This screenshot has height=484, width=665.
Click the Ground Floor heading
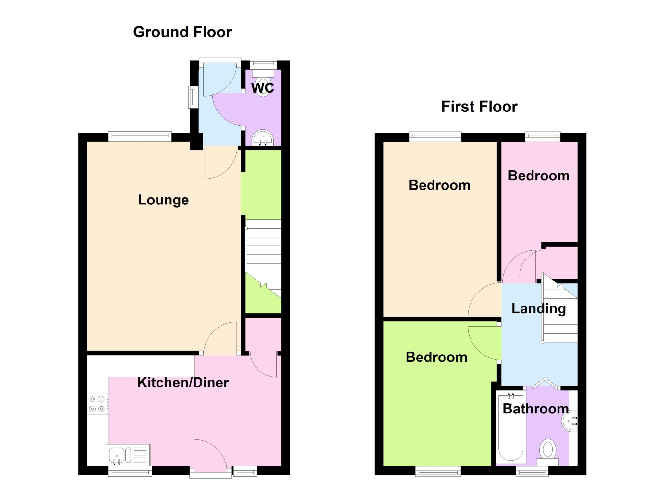182,32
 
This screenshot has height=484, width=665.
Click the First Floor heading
479,107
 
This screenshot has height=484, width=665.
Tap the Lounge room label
163,200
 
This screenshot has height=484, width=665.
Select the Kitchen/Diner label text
183,383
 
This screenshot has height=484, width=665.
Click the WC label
263,88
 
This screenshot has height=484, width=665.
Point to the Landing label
539,309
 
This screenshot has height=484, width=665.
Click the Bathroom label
536,409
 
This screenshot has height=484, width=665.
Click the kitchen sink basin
116,454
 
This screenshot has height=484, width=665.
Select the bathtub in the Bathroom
511,428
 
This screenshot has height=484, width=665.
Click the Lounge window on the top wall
140,137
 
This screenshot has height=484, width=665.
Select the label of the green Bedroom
436,357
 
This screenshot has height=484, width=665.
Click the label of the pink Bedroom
539,176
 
